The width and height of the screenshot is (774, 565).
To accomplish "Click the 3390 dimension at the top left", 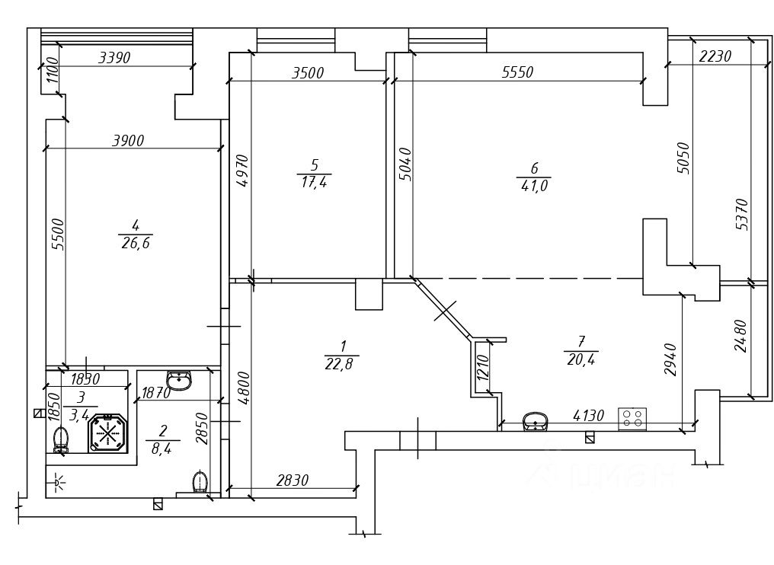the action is click(x=114, y=58).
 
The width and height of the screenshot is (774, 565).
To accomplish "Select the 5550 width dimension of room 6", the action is click(x=518, y=72).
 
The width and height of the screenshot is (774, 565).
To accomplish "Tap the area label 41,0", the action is click(x=534, y=186).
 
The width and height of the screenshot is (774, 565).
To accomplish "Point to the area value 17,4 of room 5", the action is click(x=315, y=183).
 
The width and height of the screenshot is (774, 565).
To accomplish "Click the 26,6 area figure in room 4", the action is click(x=136, y=243).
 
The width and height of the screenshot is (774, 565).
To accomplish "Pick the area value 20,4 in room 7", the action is click(x=581, y=359).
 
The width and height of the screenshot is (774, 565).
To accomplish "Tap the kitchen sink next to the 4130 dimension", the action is click(x=535, y=422).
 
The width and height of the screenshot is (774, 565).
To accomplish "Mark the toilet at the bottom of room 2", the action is click(x=200, y=482).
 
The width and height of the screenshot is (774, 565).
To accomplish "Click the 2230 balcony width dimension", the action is click(x=715, y=56).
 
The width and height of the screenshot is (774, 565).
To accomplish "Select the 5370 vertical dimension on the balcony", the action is click(x=741, y=214).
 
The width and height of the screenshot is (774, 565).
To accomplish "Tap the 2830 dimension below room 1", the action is click(x=293, y=480).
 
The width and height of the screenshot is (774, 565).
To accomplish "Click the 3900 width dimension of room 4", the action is click(x=128, y=141).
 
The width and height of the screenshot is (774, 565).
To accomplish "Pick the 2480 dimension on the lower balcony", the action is click(x=741, y=336).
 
